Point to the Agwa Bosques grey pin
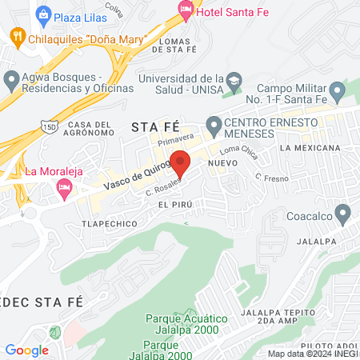[x=11, y=79]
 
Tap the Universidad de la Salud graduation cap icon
[x=234, y=80]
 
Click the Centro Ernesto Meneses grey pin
[x=214, y=126]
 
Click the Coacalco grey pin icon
[x=343, y=214]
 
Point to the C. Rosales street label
[x=160, y=188]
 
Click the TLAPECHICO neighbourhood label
[x=109, y=223]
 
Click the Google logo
[x=27, y=350]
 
